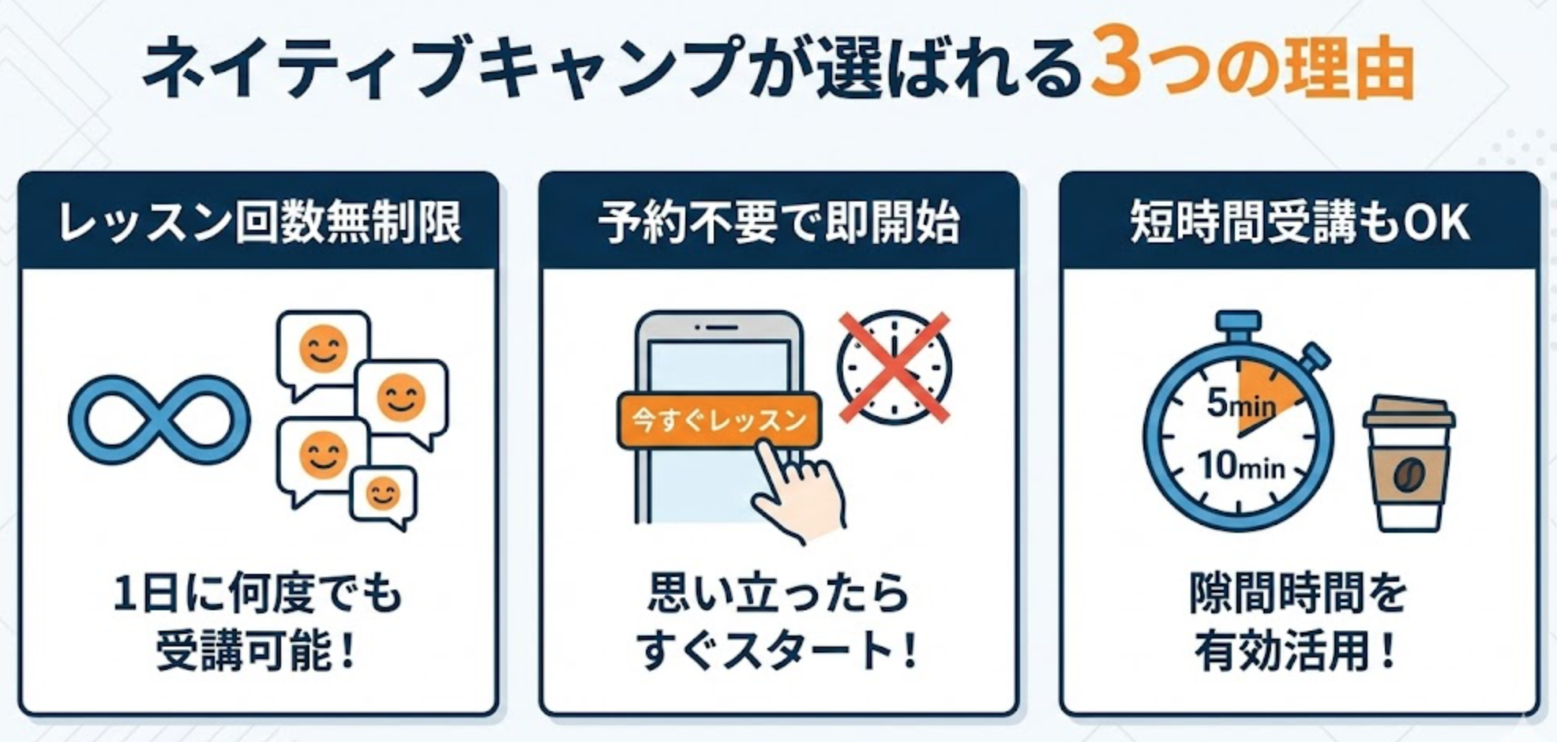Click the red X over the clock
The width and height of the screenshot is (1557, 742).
(894, 368)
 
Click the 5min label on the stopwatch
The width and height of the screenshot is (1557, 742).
(1240, 405)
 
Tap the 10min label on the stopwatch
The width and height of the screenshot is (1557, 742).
(1240, 466)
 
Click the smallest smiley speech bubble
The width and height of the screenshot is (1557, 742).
(384, 497)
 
